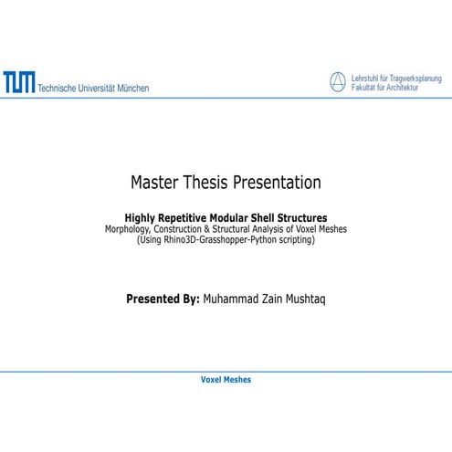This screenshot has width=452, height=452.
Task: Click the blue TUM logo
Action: tap(18, 84)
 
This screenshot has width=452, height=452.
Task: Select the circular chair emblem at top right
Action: tap(339, 83)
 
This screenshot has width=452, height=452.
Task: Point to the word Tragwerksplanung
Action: tap(415, 79)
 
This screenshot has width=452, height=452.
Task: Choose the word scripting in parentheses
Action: tap(293, 239)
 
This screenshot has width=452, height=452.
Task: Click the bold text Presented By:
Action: tap(163, 298)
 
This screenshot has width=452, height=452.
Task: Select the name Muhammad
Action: tap(233, 298)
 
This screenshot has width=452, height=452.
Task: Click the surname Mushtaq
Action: tap(300, 298)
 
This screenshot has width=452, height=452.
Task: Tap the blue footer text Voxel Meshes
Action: tap(226, 379)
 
